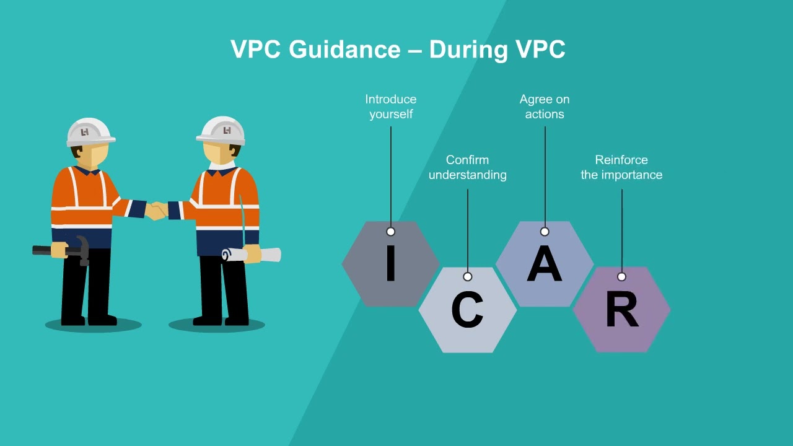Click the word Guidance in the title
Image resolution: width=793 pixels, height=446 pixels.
(344, 49)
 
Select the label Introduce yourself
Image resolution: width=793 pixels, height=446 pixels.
(391, 107)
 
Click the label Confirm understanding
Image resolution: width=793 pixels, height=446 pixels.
(467, 167)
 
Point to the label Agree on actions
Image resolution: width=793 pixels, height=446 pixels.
(545, 107)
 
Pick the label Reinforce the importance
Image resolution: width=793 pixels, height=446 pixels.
(621, 167)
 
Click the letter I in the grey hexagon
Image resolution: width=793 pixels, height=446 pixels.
(390, 263)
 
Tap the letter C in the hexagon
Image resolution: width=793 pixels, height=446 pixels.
(467, 310)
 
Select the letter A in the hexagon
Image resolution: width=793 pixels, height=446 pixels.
(545, 263)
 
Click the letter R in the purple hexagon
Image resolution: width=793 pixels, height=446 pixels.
(622, 308)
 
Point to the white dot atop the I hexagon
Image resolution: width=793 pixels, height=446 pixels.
(390, 232)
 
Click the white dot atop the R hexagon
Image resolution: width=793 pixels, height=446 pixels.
(621, 277)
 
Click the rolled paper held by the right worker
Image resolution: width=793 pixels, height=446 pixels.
(252, 255)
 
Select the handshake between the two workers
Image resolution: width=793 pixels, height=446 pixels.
(156, 210)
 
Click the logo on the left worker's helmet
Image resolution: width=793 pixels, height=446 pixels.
(85, 133)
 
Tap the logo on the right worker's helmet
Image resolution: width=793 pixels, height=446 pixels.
(227, 131)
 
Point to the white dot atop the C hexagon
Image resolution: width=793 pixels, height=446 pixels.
(468, 277)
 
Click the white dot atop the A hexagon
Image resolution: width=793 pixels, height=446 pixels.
(545, 232)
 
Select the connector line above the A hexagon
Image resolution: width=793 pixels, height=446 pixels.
(545, 177)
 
